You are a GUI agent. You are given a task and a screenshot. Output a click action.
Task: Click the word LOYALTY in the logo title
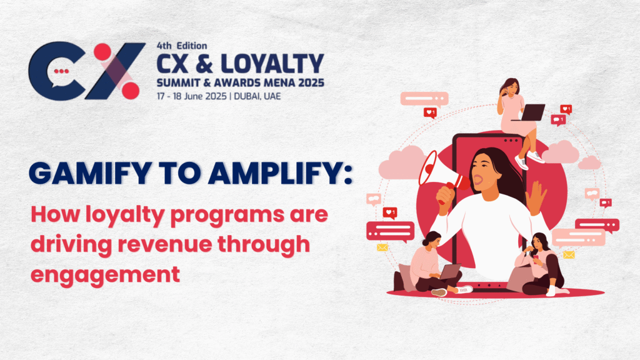point(272,64)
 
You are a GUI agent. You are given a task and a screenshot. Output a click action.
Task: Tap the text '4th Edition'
point(182,46)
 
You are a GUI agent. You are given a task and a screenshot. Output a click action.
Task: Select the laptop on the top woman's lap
point(530,112)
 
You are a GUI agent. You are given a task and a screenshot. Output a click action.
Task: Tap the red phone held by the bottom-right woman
point(536,257)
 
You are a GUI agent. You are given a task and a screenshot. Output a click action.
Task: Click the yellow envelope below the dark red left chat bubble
point(382,247)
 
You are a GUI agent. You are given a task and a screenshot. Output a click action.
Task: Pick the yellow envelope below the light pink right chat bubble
point(569,255)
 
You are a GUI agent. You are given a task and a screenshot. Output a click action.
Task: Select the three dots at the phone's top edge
point(511,141)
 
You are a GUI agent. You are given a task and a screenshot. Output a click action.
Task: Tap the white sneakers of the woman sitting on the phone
point(529,159)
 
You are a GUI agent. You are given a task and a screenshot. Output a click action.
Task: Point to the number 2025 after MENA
point(311,83)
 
